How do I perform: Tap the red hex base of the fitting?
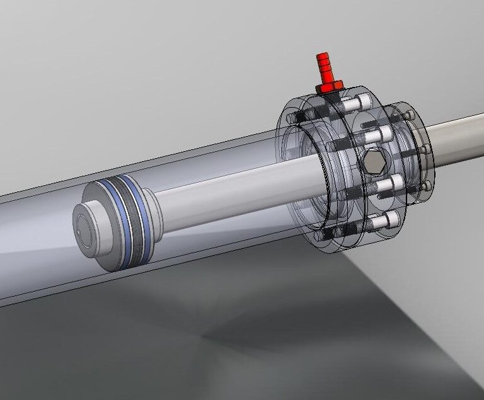tap(329, 86)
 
